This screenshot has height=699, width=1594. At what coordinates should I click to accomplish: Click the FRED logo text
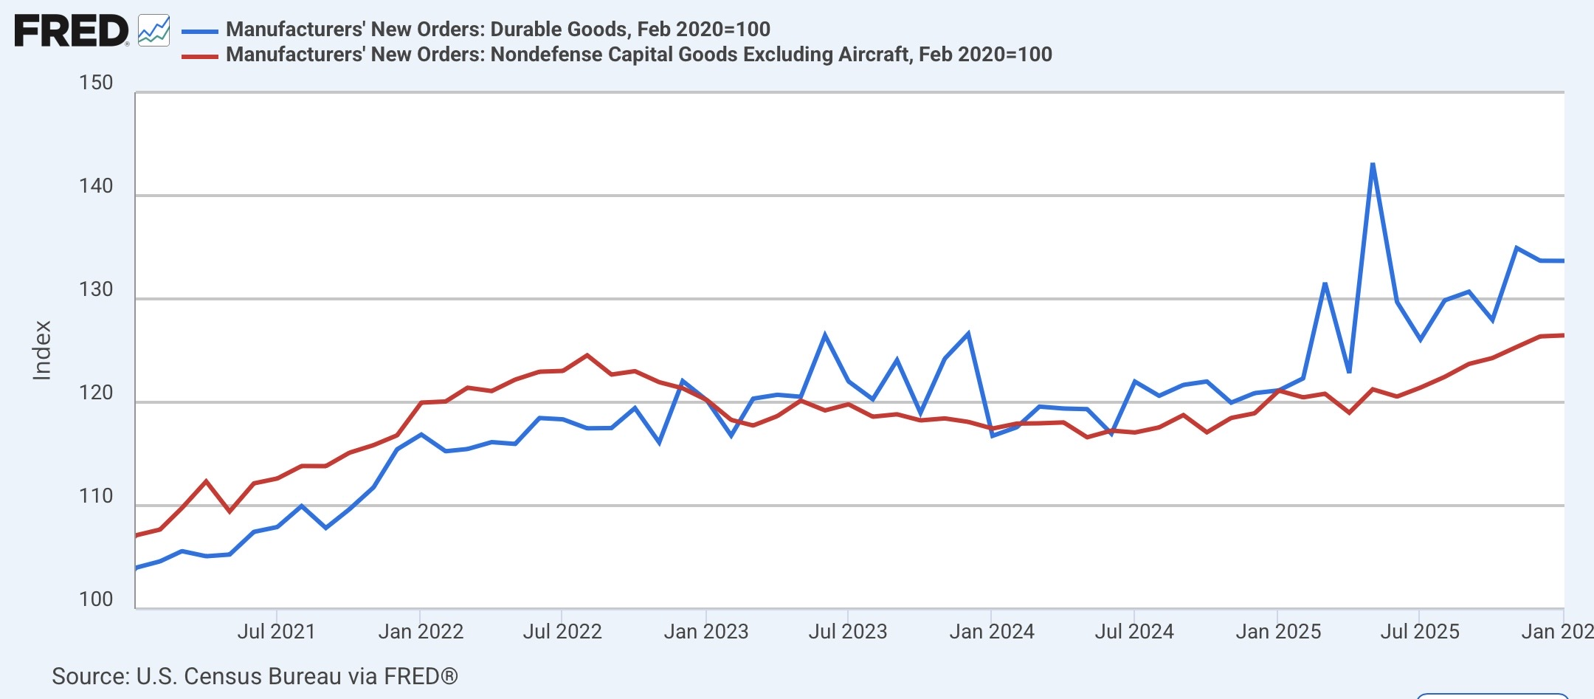[71, 31]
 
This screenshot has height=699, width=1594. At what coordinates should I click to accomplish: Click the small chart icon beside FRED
[153, 30]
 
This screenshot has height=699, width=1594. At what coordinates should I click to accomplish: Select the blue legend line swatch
[200, 31]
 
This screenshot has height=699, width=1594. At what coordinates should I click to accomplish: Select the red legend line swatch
[200, 56]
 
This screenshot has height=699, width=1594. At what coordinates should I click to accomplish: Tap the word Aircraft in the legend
[873, 54]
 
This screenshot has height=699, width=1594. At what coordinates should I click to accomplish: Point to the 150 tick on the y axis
[96, 83]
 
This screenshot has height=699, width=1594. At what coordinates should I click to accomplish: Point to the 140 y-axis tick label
[96, 186]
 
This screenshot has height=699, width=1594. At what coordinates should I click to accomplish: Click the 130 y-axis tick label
[96, 289]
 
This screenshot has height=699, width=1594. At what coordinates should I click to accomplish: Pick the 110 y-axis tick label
[96, 496]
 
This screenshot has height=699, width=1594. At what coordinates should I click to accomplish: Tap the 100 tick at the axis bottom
[96, 599]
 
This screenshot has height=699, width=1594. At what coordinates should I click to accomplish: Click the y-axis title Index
[42, 351]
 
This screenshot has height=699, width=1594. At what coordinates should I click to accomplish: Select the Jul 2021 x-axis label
[276, 632]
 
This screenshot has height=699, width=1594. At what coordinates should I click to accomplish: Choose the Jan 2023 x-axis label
[706, 632]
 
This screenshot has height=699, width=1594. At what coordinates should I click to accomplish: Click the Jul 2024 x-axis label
[1134, 632]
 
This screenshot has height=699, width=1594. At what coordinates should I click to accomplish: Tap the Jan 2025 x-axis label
[1278, 632]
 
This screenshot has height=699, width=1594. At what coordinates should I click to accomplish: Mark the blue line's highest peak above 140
[1372, 164]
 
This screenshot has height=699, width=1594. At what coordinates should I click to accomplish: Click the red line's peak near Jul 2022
[587, 355]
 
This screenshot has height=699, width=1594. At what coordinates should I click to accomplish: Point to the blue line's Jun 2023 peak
[824, 334]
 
